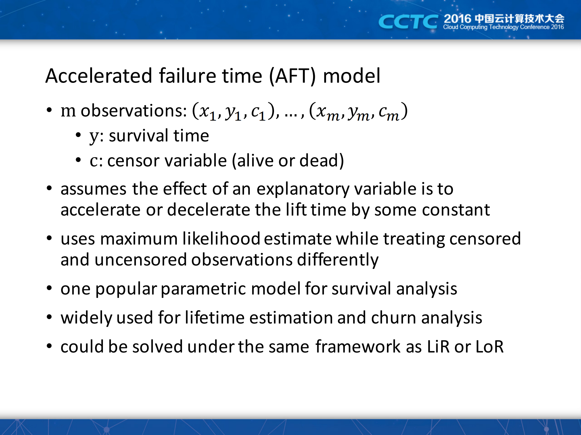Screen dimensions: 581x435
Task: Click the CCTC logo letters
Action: pyautogui.click(x=408, y=22)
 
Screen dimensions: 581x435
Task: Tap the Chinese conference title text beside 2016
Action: pyautogui.click(x=520, y=18)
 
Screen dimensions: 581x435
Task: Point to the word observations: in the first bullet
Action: pyautogui.click(x=134, y=111)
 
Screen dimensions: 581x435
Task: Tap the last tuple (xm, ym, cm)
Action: pyautogui.click(x=358, y=112)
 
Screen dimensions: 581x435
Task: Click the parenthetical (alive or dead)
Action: pyautogui.click(x=288, y=161)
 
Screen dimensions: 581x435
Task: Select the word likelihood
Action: pyautogui.click(x=221, y=239)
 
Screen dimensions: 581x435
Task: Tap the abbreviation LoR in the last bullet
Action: pyautogui.click(x=490, y=346)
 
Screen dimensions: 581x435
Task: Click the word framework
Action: pyautogui.click(x=358, y=346)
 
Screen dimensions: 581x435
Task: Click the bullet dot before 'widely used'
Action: pyautogui.click(x=49, y=317)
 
